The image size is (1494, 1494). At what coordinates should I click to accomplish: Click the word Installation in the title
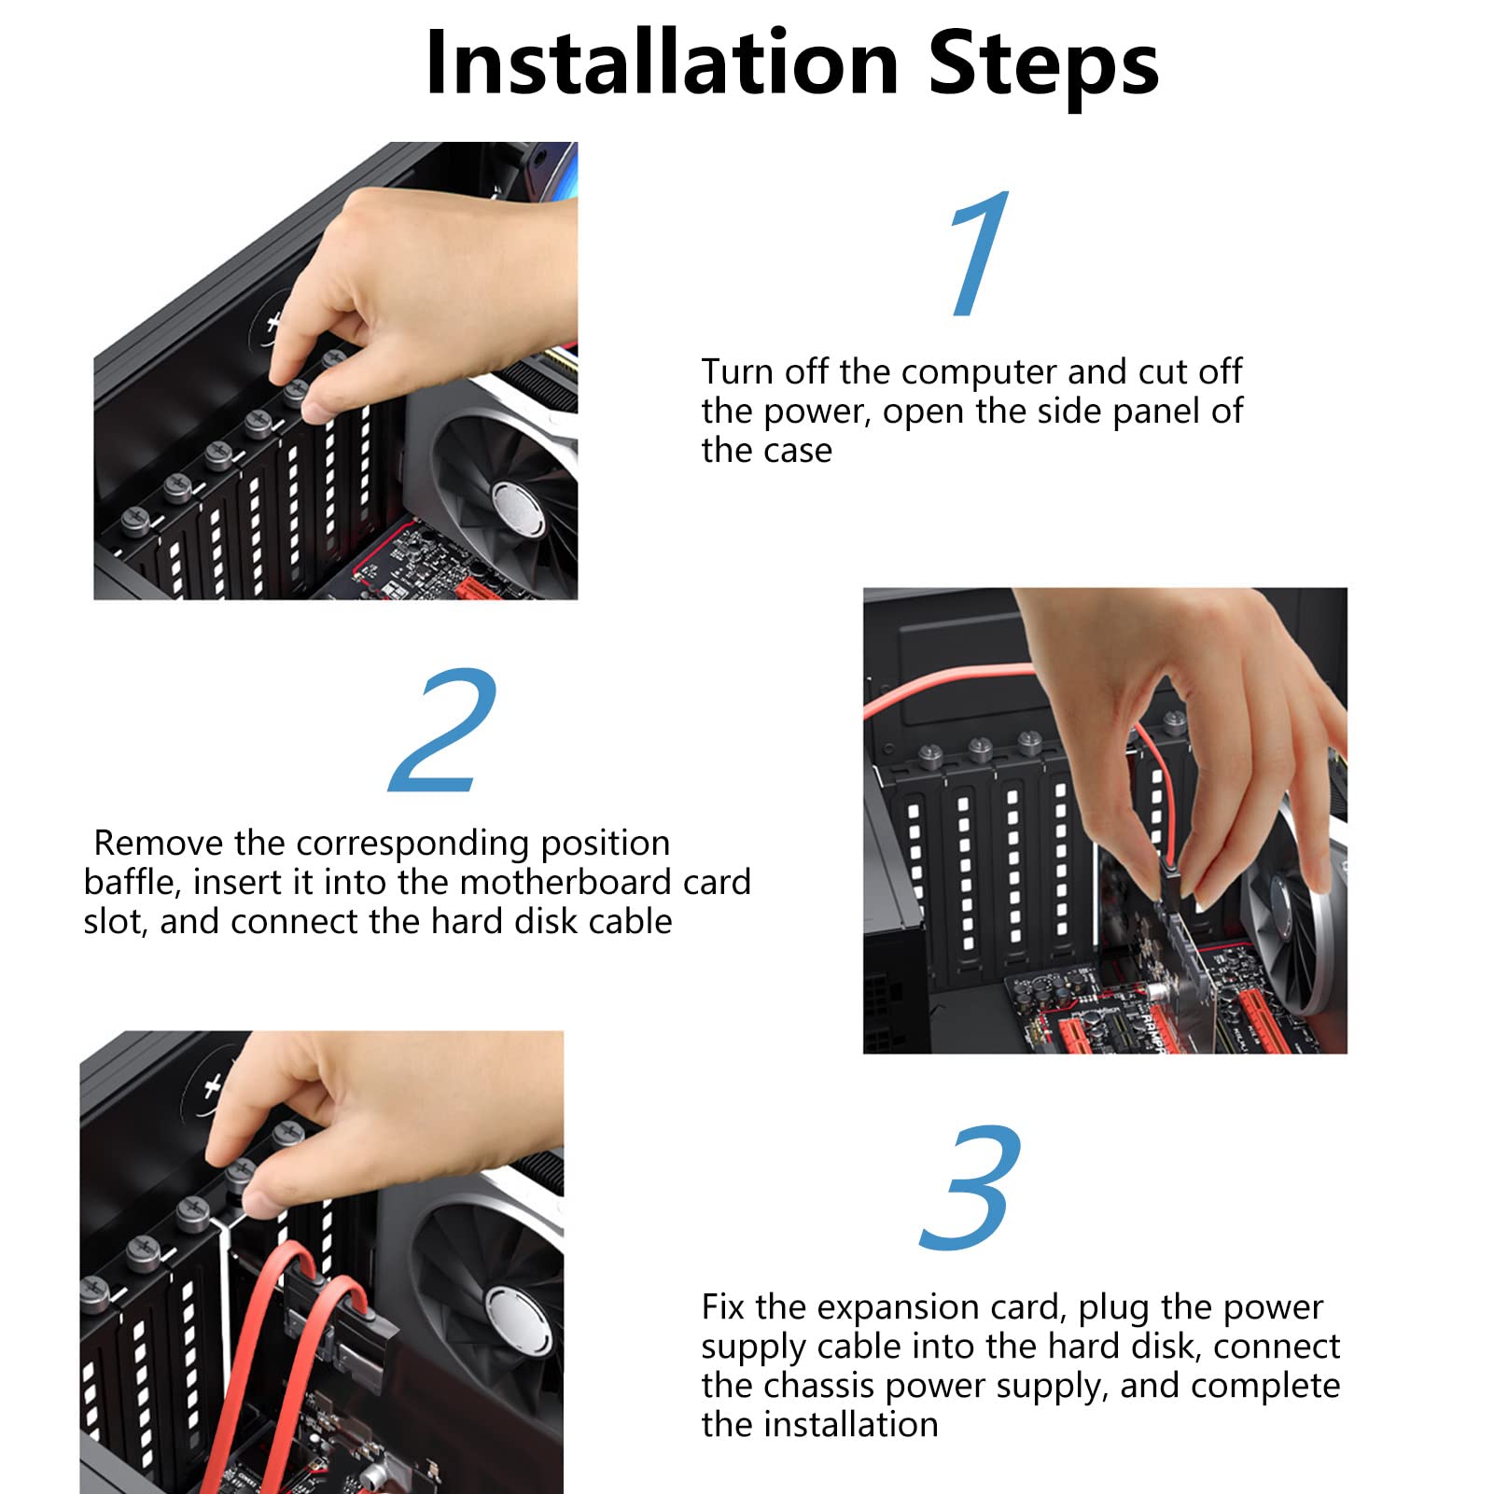click(x=662, y=63)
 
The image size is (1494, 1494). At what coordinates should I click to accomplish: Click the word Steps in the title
click(x=1043, y=65)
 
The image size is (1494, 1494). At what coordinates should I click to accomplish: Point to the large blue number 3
click(x=970, y=1187)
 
